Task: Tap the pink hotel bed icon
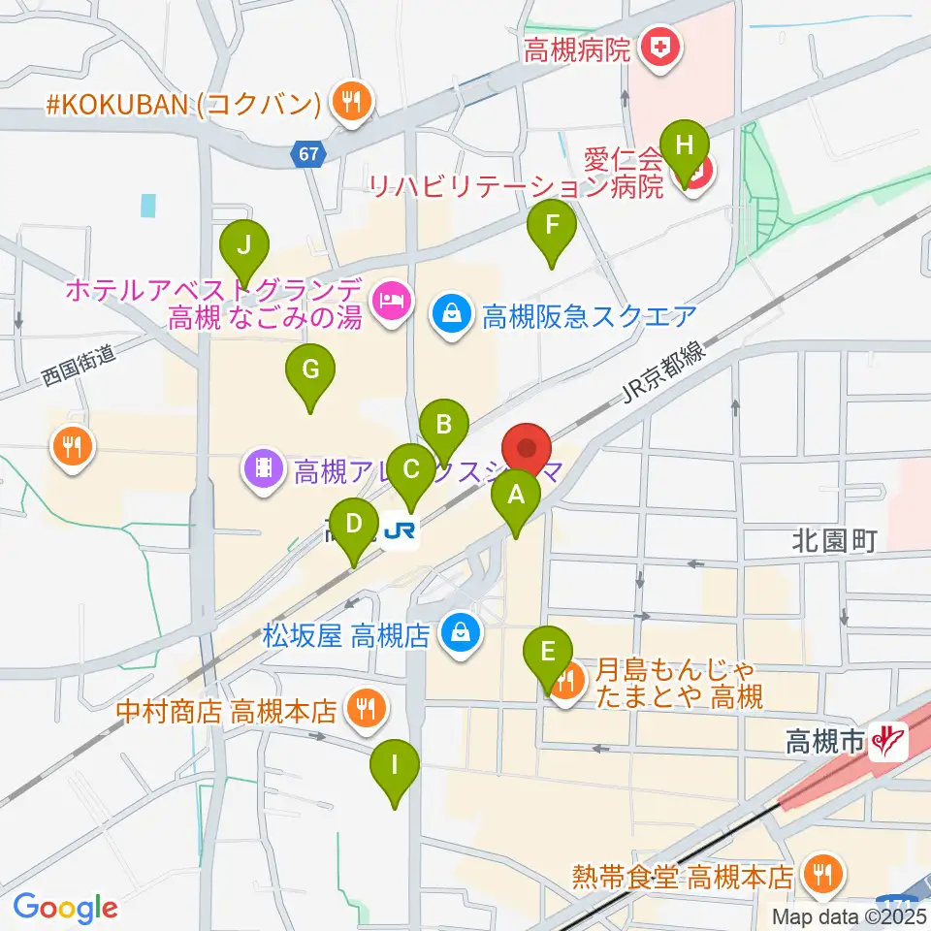click(393, 300)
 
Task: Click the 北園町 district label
click(834, 541)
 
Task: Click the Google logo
click(65, 908)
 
